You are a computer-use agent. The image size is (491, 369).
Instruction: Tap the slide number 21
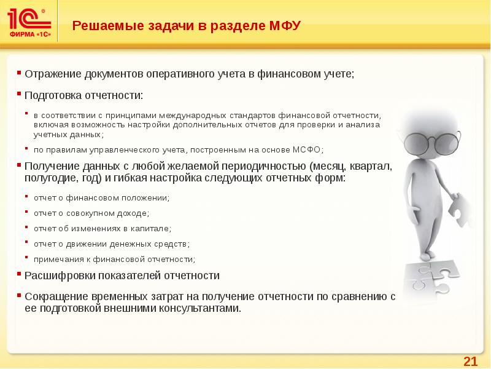point(470,360)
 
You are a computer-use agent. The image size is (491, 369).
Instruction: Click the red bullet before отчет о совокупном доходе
point(28,212)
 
